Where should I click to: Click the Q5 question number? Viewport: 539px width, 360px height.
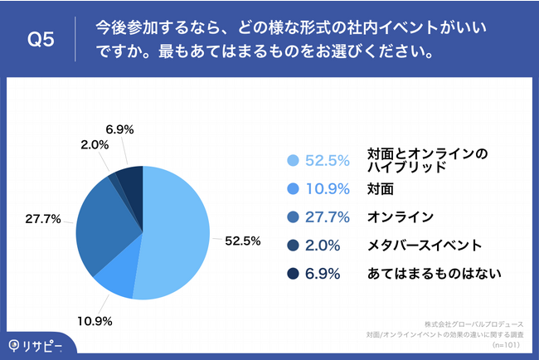tap(41, 39)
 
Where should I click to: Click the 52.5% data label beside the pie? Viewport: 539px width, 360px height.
tap(243, 241)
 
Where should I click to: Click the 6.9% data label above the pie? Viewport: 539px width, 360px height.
tap(120, 130)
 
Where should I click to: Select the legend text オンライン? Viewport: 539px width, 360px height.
tap(400, 217)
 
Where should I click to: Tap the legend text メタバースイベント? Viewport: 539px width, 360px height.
tap(424, 246)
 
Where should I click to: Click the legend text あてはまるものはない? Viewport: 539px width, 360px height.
tap(435, 274)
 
